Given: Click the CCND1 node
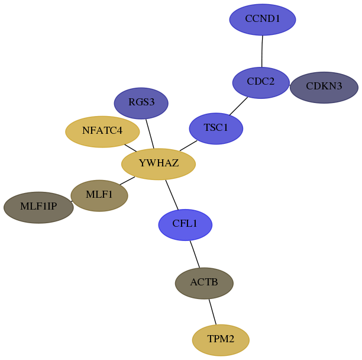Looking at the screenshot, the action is pos(263,20).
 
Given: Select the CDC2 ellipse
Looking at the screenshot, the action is pos(261,83).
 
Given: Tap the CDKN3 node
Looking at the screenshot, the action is pos(324,88).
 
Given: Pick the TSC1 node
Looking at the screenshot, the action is pos(216,128).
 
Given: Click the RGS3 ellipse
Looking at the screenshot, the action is pos(141,103).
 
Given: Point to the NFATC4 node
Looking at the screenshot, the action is pos(102,131).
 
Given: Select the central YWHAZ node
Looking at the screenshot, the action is pos(159,164).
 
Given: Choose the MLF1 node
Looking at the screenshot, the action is pos(99,196).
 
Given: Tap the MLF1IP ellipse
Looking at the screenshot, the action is pos(38,207).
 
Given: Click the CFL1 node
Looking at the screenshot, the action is pos(185,225).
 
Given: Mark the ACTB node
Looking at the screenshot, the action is pos(204,283).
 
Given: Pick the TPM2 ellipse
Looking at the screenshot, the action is pos(221,340).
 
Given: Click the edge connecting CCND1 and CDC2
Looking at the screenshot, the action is pos(262,52).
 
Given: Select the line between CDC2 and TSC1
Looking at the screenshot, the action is pos(238,106).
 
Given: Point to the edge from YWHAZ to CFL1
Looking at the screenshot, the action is pos(172,195).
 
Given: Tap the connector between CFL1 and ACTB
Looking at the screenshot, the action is pos(195,254).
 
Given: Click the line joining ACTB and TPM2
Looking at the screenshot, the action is pos(212,311).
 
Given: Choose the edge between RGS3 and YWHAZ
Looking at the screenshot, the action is pos(150,134).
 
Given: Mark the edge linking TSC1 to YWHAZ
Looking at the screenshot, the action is pos(188,146).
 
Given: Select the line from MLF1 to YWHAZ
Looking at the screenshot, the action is pos(127,181).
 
